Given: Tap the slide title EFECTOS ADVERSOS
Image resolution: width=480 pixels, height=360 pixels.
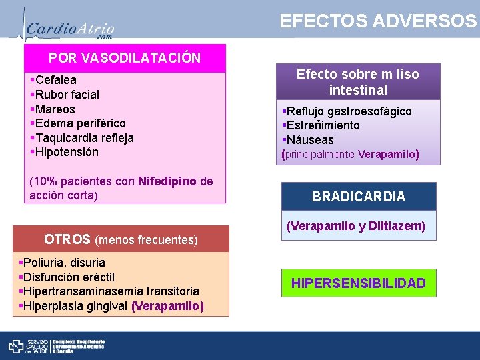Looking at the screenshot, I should coord(378,21).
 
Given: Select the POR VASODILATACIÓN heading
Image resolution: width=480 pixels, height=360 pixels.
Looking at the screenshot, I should coord(125,58).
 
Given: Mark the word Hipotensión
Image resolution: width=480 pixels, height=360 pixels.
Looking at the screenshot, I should coord(67,152).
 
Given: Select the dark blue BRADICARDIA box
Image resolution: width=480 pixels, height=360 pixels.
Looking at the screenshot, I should coord(359,197).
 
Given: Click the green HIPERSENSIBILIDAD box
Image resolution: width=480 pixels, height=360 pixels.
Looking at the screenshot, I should coord(358,283).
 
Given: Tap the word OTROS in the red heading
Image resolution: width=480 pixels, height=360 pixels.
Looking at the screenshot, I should coord(67,239).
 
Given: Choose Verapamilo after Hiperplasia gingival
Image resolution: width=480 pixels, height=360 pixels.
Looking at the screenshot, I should coord(168,306).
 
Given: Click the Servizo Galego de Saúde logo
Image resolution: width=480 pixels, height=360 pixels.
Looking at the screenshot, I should coord(26,345).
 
